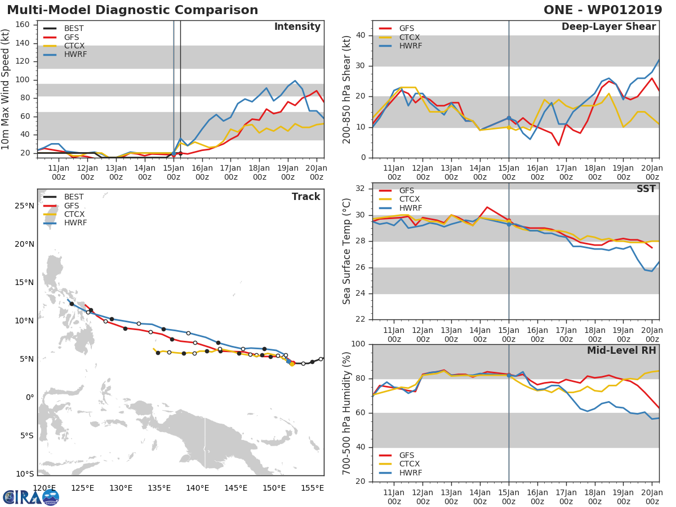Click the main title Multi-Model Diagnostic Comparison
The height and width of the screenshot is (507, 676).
(x=132, y=10)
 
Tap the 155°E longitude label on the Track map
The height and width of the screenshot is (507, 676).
(x=313, y=488)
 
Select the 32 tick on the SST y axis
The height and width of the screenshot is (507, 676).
(x=359, y=189)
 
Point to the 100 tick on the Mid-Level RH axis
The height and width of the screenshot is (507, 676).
(x=357, y=344)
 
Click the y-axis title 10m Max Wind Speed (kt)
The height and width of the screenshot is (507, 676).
(x=6, y=90)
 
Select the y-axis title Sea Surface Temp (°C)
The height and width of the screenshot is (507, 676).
(x=347, y=251)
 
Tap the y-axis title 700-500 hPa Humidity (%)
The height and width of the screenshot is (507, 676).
(x=347, y=413)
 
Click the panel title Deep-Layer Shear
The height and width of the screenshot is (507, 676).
(x=608, y=27)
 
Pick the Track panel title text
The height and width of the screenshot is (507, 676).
(x=305, y=197)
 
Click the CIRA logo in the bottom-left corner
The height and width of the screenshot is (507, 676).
(x=31, y=497)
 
